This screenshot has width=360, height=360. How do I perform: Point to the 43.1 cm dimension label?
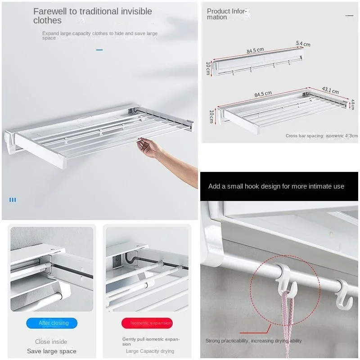[330, 90]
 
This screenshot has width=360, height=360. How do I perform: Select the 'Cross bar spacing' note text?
[321, 135]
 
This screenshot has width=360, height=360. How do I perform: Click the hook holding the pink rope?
[288, 281]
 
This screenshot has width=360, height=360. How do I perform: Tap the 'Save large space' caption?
[52, 351]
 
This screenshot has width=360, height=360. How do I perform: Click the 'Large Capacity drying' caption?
[150, 351]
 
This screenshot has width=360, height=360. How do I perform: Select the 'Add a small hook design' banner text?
[276, 186]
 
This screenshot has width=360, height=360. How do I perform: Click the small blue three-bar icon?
[13, 199]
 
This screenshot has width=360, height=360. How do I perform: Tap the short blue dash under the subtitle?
[99, 49]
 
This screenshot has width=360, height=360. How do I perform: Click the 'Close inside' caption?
[51, 342]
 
